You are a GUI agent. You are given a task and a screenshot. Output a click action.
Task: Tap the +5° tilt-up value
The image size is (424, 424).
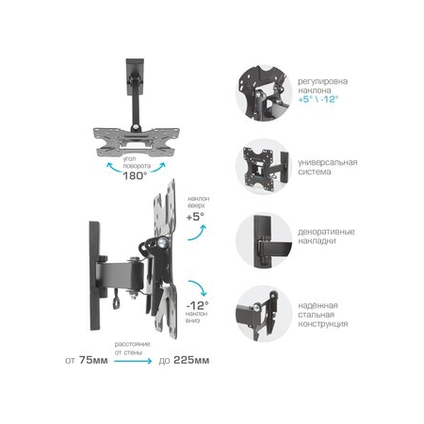(x=195, y=217)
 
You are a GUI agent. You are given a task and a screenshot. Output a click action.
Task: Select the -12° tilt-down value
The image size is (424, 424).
(x=196, y=305)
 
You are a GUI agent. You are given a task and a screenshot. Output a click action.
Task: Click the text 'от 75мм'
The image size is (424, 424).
(x=86, y=359)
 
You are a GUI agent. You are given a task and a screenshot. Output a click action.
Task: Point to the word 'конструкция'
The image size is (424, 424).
(x=321, y=324)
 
